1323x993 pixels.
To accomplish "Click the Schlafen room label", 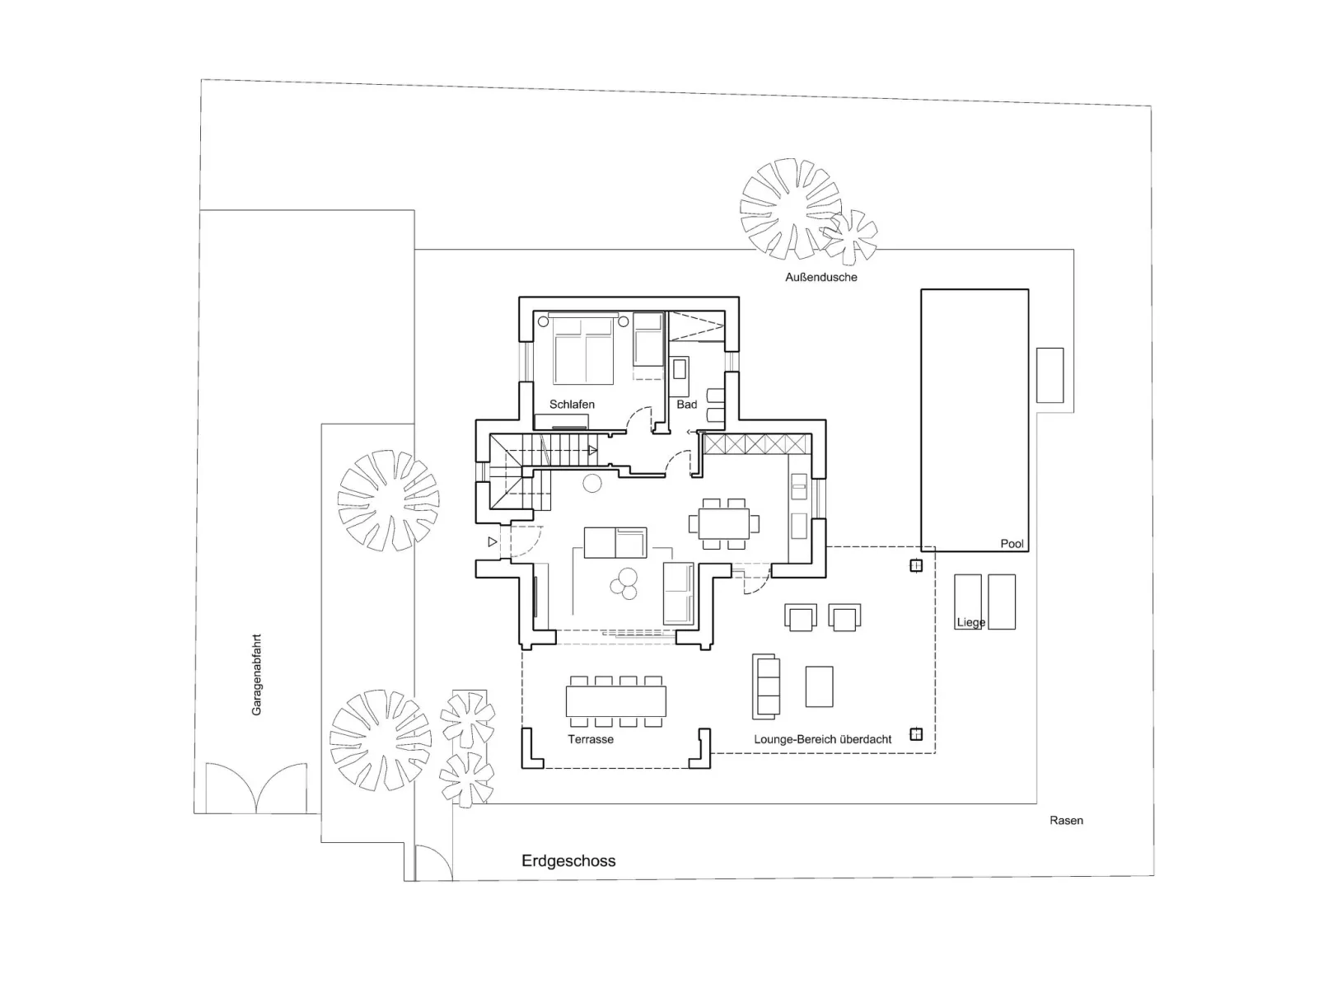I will point(572,405).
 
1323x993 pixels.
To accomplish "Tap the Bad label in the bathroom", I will point(686,405).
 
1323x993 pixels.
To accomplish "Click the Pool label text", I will point(1012,544).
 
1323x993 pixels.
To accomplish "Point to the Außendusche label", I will point(820,278).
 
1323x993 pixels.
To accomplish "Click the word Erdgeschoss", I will point(568,861).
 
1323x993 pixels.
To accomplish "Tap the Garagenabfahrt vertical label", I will point(256,674).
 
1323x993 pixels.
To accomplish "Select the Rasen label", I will point(1066,821).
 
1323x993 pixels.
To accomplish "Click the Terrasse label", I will point(591,739).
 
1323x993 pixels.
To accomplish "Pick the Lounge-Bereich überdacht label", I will point(822,739).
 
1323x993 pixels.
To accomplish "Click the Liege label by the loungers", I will point(970,623).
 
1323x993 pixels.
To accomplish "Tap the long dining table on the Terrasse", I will point(615,701).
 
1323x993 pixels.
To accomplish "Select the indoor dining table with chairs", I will point(724,522).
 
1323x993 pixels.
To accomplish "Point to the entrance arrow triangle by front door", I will point(493,542).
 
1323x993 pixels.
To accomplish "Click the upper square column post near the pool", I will point(915,566).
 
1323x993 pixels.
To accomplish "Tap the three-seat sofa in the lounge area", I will point(765,686).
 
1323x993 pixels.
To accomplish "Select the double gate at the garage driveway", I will point(256,789).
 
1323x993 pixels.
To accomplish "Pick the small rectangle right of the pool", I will point(1049,375).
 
